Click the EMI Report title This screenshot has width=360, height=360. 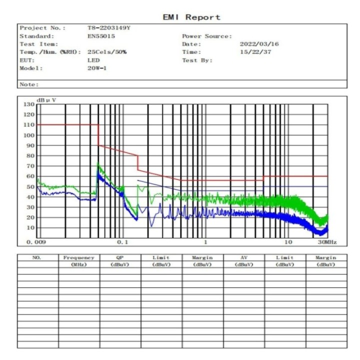(x=191, y=17)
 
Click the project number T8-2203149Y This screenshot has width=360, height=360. (x=109, y=28)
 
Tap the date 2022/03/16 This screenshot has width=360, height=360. (x=259, y=44)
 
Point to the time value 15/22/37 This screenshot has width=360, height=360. (x=255, y=52)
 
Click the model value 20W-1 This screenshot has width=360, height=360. (x=97, y=68)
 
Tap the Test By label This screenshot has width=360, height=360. (x=197, y=60)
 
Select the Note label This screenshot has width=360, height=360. (x=29, y=84)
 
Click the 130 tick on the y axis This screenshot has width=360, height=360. (x=29, y=104)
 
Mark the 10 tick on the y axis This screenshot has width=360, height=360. (x=31, y=227)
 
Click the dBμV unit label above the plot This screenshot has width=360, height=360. (x=46, y=100)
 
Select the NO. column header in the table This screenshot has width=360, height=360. (x=36, y=257)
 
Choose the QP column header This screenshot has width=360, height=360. (x=119, y=257)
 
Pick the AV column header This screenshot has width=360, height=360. (x=243, y=257)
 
